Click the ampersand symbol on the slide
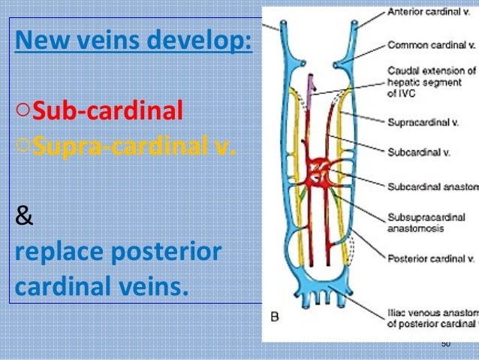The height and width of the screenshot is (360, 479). click(24, 218)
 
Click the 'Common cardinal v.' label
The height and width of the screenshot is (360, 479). click(431, 44)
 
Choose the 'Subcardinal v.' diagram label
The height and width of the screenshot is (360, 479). click(419, 152)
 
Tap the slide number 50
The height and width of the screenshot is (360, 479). click(445, 343)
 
